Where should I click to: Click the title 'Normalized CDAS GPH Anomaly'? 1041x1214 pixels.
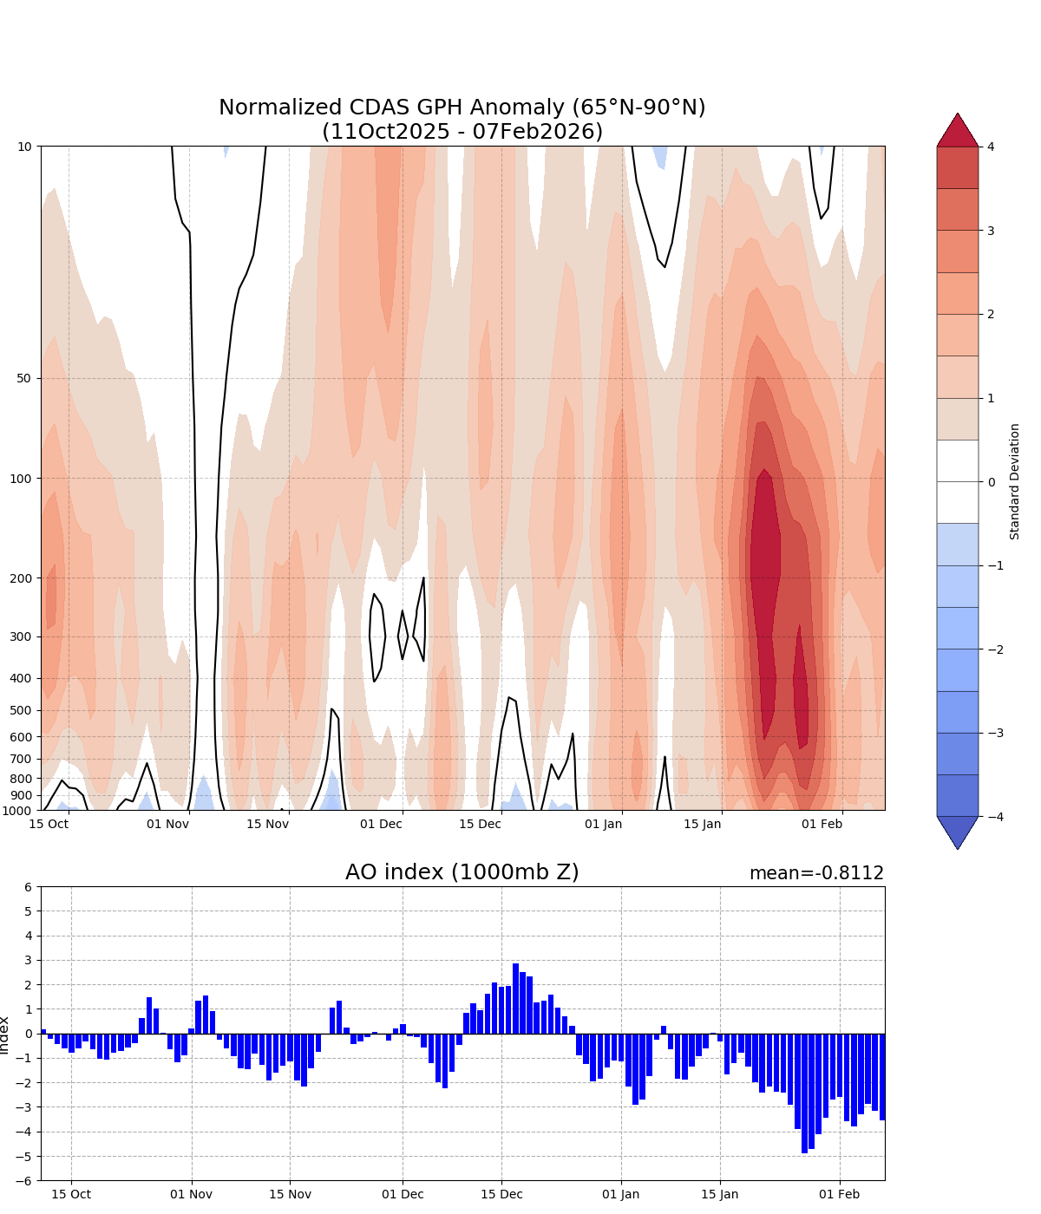click(x=462, y=108)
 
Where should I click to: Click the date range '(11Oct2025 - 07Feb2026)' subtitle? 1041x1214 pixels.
click(x=462, y=132)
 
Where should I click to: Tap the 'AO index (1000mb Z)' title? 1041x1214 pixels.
click(x=462, y=872)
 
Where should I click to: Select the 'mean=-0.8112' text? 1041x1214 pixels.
click(x=816, y=873)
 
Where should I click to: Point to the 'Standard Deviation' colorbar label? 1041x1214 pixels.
click(x=1015, y=481)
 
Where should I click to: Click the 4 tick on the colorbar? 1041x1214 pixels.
click(x=992, y=147)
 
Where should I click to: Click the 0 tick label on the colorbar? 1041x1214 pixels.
click(x=992, y=482)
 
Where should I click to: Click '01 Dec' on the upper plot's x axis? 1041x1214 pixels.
click(x=381, y=823)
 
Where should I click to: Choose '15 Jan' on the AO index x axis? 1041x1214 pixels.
click(x=720, y=1194)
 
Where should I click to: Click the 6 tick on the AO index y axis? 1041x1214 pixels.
click(x=28, y=887)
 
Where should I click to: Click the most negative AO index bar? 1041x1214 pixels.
click(x=804, y=1093)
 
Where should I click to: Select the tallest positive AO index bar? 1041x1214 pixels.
click(x=515, y=998)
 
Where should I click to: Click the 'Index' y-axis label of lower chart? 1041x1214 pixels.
click(x=6, y=1035)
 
